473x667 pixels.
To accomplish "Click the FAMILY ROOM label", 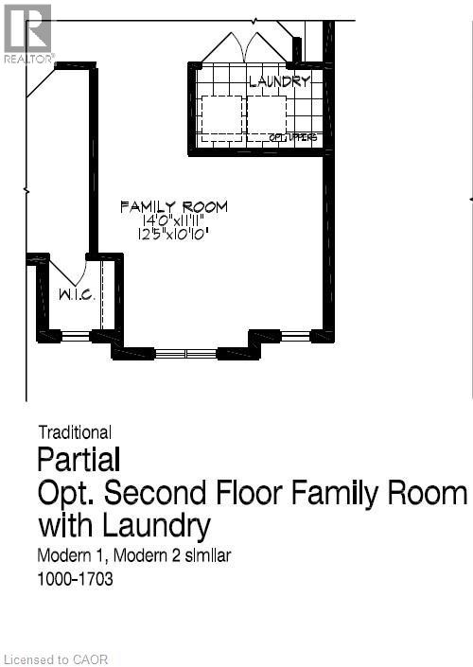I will (173, 206).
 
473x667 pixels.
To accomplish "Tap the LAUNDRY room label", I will (279, 81).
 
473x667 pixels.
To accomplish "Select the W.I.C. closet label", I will (74, 295).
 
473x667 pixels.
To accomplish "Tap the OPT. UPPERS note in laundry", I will (293, 139).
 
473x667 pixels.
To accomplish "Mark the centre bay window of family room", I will (186, 354).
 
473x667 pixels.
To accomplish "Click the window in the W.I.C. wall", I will (76, 335).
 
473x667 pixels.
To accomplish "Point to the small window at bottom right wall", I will (295, 335).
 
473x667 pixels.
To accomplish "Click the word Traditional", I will (75, 433).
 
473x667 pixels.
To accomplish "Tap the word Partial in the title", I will (79, 461).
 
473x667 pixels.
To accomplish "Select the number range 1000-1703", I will (76, 579).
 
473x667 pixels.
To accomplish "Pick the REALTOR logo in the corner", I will (27, 33).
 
